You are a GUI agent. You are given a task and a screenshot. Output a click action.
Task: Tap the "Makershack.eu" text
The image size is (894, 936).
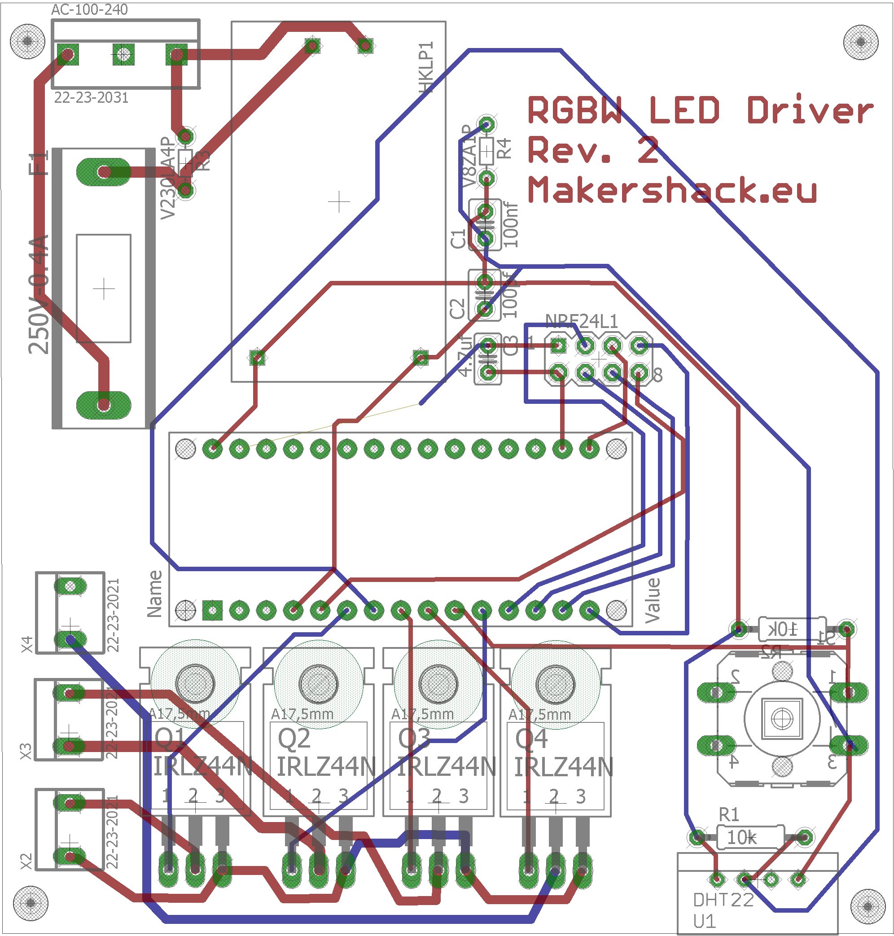pyautogui.click(x=672, y=190)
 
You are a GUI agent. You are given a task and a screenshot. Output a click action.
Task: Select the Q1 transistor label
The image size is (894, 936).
pyautogui.click(x=170, y=738)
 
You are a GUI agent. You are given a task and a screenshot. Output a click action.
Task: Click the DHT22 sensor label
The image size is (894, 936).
pyautogui.click(x=723, y=900)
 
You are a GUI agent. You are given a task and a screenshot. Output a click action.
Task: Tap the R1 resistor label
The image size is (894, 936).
pyautogui.click(x=729, y=815)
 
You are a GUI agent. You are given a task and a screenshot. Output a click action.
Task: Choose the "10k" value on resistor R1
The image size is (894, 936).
pyautogui.click(x=741, y=837)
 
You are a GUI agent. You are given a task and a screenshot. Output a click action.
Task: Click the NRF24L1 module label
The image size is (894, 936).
pyautogui.click(x=581, y=320)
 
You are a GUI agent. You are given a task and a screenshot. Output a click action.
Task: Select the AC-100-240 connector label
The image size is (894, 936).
pyautogui.click(x=89, y=9)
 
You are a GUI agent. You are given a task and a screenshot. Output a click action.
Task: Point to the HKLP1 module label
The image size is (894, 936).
pyautogui.click(x=426, y=67)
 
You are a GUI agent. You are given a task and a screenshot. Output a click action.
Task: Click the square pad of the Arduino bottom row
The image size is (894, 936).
pyautogui.click(x=212, y=610)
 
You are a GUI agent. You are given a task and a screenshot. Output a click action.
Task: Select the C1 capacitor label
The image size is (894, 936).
pyautogui.click(x=458, y=239)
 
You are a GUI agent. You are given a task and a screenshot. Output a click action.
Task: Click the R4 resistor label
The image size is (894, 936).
pyautogui.click(x=504, y=149)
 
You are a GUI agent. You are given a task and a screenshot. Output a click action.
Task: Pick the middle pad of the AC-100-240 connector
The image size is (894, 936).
pyautogui.click(x=123, y=54)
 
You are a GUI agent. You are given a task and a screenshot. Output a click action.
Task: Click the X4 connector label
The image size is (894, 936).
pyautogui.click(x=27, y=644)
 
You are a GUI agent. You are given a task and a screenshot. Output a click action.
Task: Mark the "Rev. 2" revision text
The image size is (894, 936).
pyautogui.click(x=593, y=150)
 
